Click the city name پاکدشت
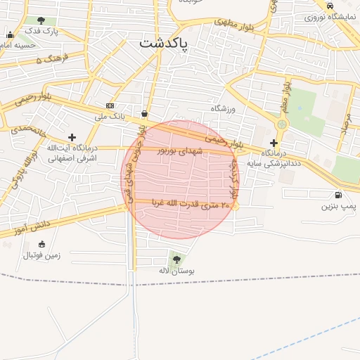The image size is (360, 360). tap(164, 44)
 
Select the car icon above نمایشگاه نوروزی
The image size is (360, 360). tap(330, 6)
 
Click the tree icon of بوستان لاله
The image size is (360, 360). tap(176, 259)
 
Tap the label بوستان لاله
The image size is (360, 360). tap(176, 271)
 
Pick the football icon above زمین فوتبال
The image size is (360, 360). tap(42, 244)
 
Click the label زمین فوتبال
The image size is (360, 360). tap(42, 255)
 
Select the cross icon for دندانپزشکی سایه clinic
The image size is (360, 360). tap(274, 143)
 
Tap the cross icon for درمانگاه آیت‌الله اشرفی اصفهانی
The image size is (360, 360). tap(72, 137)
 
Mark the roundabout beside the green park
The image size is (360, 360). tap(281, 124)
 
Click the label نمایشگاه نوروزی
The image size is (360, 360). tap(330, 17)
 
